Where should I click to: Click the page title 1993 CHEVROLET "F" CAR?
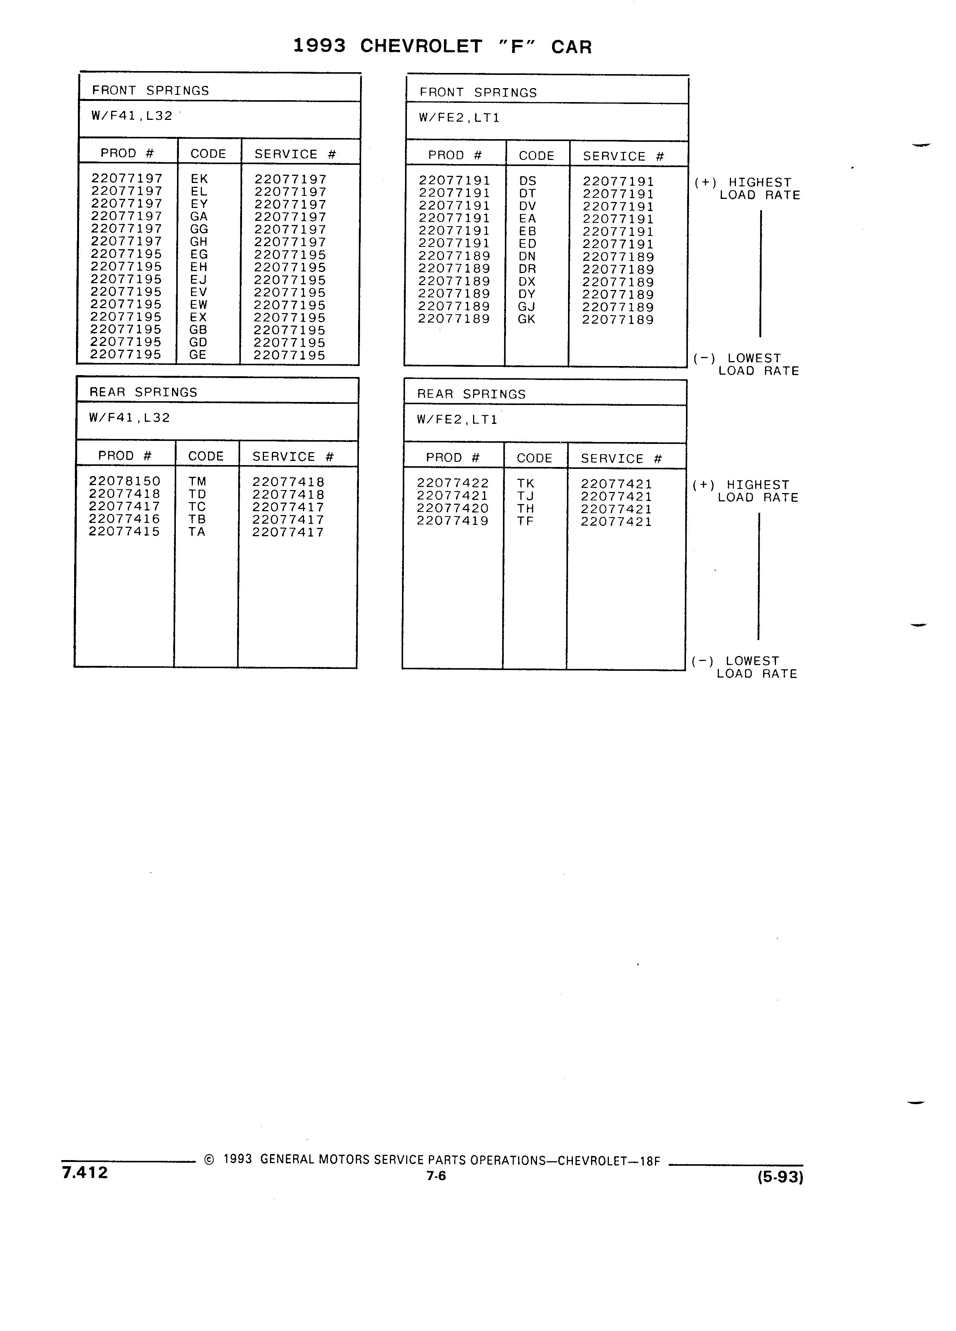(442, 47)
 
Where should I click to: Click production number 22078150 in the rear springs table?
(124, 481)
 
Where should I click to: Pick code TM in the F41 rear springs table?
(197, 481)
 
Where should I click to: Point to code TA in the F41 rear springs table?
(197, 532)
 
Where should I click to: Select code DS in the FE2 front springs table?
(528, 181)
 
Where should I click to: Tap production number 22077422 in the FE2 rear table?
(452, 483)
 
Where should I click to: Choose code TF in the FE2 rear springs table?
(525, 521)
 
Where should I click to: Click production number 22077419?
(452, 521)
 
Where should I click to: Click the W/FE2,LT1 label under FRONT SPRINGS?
(459, 118)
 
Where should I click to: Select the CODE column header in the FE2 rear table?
(535, 458)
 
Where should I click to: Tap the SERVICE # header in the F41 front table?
(295, 154)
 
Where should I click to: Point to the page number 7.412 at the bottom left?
(85, 1173)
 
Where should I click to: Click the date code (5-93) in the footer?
(781, 1177)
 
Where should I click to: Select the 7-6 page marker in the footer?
(437, 1176)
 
